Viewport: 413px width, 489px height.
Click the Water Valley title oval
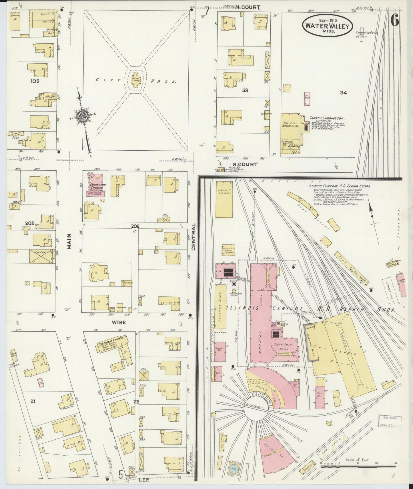coord(327,26)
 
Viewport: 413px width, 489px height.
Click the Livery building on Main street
coord(42,256)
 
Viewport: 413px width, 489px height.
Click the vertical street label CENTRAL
coord(193,237)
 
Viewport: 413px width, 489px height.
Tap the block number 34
coord(343,92)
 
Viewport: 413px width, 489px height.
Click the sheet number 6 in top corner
coord(395,21)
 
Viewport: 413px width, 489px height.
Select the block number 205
coord(30,223)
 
